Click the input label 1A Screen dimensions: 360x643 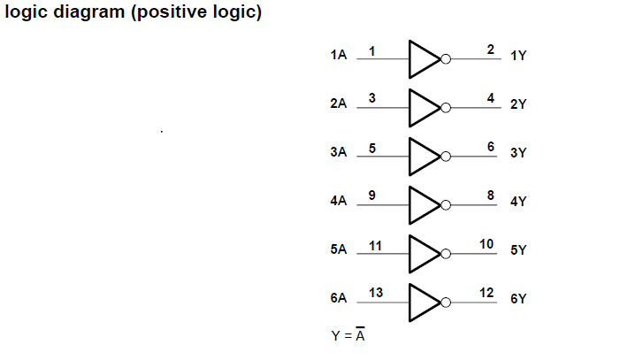click(x=338, y=56)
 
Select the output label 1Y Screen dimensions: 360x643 click(x=518, y=56)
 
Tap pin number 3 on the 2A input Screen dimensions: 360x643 click(x=372, y=98)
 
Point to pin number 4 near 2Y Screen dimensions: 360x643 click(x=490, y=97)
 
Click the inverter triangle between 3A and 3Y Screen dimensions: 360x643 click(x=424, y=157)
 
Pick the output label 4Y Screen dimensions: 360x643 click(x=518, y=201)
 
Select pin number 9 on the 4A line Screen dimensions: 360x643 click(x=372, y=195)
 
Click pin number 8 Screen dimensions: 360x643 click(x=490, y=195)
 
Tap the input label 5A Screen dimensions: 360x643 click(x=338, y=249)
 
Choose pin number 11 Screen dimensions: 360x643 click(x=374, y=244)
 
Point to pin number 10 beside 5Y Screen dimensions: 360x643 click(x=486, y=243)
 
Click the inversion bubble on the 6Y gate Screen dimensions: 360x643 click(x=446, y=303)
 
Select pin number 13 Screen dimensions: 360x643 click(x=374, y=292)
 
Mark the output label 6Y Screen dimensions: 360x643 click(x=518, y=299)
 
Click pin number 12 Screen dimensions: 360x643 click(x=486, y=292)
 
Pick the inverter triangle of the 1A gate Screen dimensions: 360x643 click(x=424, y=60)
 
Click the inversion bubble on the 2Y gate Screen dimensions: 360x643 click(x=446, y=109)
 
